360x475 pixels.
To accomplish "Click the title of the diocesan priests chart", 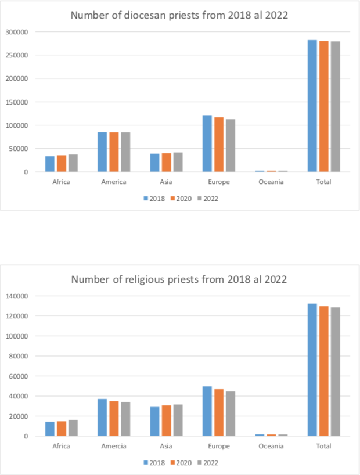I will coord(179,15).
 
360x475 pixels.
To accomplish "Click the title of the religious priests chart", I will coord(179,279).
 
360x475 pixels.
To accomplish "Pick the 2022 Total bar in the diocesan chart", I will coord(335,107).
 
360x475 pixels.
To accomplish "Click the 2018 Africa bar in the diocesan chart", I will coord(50,164).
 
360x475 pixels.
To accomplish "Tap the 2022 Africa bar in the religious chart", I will coord(73,428).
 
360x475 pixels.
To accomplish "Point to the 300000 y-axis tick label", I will coord(17,32).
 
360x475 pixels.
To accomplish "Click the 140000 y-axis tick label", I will coord(17,296).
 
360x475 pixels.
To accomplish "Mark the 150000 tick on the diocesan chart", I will coord(17,102).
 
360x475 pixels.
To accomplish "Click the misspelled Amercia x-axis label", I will coord(114,446).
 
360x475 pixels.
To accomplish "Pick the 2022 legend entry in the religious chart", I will coord(207,463).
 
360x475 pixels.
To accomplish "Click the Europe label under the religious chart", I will coord(219,446).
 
